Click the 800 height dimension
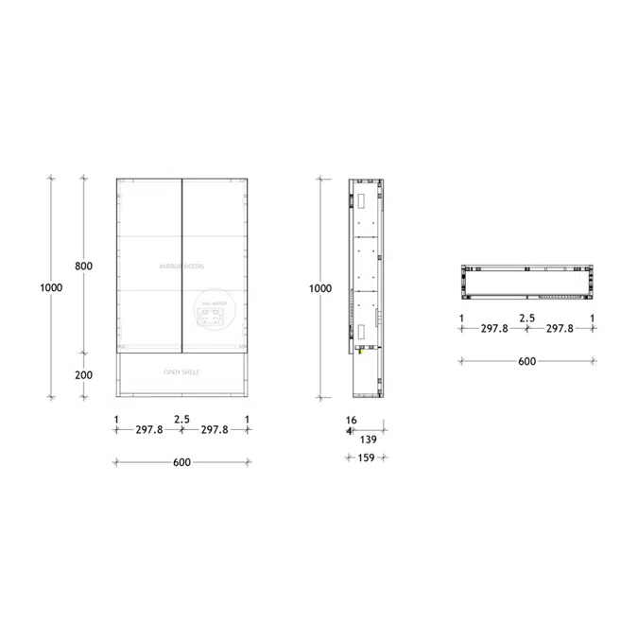click(x=83, y=267)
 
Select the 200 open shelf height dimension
click(x=83, y=374)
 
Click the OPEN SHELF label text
click(x=181, y=373)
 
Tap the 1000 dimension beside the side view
click(x=321, y=287)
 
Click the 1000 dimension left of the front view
click(x=52, y=287)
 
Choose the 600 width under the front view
click(x=181, y=462)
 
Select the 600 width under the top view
click(x=526, y=361)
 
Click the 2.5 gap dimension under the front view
click(x=181, y=418)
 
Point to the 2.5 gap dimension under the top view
click(x=526, y=319)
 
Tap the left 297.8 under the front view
click(x=149, y=430)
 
